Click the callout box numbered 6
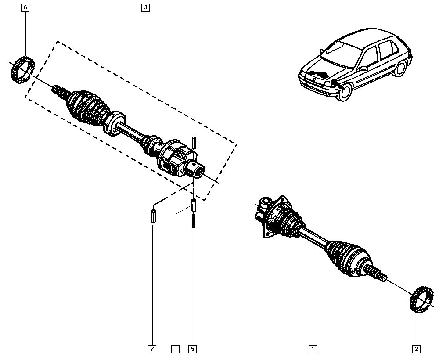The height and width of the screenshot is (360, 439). (25, 7)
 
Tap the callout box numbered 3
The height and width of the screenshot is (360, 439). (145, 7)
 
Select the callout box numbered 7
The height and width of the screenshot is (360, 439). (152, 349)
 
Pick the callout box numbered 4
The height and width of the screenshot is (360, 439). (175, 349)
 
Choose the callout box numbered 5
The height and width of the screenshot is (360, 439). (193, 349)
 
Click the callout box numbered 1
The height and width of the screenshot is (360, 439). (313, 349)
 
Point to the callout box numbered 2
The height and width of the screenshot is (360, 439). (416, 349)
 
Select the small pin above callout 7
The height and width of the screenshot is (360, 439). (153, 216)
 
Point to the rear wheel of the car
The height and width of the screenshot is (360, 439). (400, 68)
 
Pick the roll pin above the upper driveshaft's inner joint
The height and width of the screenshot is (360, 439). (193, 143)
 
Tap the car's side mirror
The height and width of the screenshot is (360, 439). (363, 68)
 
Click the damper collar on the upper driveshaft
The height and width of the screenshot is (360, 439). (114, 123)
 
